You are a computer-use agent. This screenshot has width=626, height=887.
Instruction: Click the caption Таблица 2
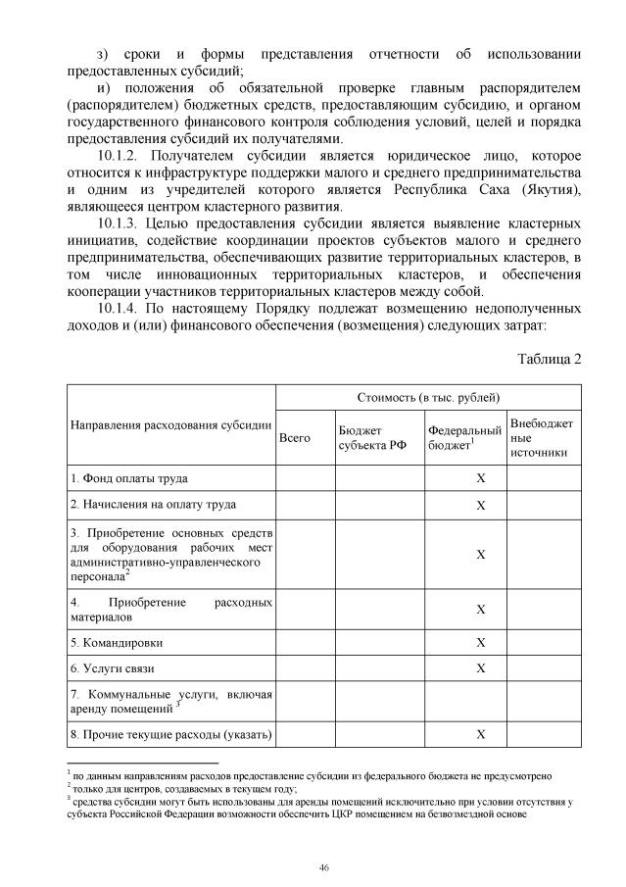550,359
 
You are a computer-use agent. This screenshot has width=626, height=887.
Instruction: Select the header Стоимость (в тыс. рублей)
427,397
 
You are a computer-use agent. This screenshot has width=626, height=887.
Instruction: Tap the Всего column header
294,438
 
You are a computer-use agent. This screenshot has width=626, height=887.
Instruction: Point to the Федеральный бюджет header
464,438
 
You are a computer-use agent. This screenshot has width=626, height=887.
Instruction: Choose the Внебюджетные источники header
542,438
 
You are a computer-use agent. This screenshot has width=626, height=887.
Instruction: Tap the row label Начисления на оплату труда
153,505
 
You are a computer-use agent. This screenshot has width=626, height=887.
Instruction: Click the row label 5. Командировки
117,643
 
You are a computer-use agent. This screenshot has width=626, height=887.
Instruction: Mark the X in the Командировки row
481,643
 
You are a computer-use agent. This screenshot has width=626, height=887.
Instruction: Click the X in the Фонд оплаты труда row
481,478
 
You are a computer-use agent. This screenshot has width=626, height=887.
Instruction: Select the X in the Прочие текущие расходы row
481,734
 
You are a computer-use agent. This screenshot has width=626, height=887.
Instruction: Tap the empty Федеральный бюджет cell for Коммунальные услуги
464,701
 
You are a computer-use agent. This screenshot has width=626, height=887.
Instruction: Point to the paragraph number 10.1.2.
120,157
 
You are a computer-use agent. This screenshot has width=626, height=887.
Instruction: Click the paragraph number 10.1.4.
120,309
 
